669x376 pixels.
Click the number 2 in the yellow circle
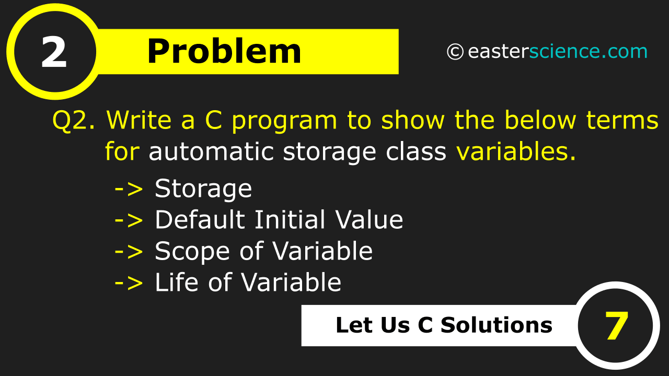pyautogui.click(x=54, y=52)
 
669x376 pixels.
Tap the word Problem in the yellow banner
pyautogui.click(x=224, y=52)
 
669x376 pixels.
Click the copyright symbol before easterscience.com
pyautogui.click(x=455, y=52)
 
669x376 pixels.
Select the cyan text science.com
pyautogui.click(x=589, y=51)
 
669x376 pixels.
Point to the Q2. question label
pyautogui.click(x=74, y=120)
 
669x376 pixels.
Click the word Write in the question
pyautogui.click(x=139, y=120)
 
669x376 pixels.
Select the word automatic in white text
pyautogui.click(x=211, y=151)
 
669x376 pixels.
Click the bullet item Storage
pyautogui.click(x=203, y=189)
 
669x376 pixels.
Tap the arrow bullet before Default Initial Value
pyautogui.click(x=129, y=220)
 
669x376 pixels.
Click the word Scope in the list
pyautogui.click(x=192, y=252)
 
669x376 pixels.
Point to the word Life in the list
pyautogui.click(x=177, y=282)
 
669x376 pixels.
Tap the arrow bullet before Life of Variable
pyautogui.click(x=129, y=283)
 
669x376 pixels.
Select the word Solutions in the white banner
pyautogui.click(x=497, y=325)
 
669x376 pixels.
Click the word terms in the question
pyautogui.click(x=622, y=120)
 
